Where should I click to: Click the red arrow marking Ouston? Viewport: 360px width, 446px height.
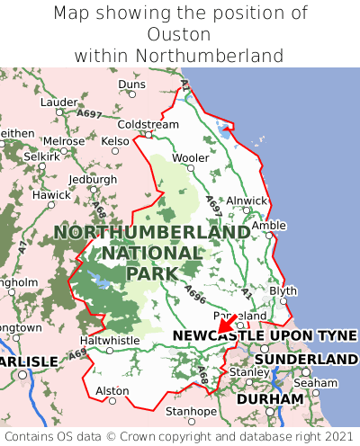tap(227, 324)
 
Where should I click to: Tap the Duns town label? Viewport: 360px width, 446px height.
tap(131, 85)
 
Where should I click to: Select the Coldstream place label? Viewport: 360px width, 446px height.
tap(148, 124)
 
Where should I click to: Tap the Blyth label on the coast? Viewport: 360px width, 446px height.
tap(283, 290)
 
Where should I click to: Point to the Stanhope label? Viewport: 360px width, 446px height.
tap(190, 412)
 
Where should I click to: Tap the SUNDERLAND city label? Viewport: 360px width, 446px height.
tap(306, 359)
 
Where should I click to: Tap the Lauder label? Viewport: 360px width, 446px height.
tap(59, 103)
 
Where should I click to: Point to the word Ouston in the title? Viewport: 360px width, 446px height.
tap(180, 34)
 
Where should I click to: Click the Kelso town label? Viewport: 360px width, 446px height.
tap(115, 141)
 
